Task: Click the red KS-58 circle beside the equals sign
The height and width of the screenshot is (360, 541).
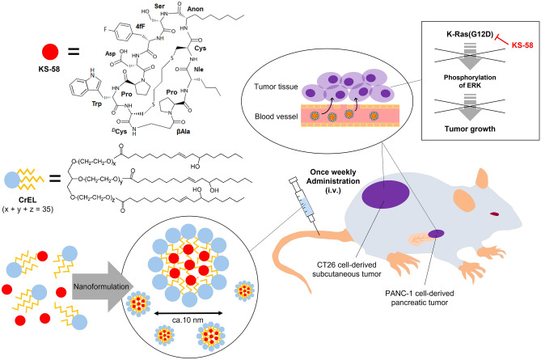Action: tap(50, 52)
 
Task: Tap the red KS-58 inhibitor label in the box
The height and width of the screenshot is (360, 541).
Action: tap(522, 45)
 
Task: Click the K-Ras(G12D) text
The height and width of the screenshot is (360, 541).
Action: tap(470, 35)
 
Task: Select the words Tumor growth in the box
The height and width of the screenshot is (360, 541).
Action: tap(470, 129)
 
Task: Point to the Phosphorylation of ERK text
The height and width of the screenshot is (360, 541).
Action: tap(470, 81)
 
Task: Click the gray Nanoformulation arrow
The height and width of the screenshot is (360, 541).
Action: tap(101, 286)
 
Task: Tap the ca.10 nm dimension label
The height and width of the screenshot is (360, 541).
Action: tap(188, 320)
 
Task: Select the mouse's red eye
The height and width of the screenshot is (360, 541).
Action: tap(494, 214)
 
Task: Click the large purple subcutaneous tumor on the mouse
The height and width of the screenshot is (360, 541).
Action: tap(386, 194)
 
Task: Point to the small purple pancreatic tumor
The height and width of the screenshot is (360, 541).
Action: tap(436, 234)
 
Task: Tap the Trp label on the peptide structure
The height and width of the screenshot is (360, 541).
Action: tap(96, 104)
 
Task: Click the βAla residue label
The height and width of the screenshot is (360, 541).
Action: tap(183, 132)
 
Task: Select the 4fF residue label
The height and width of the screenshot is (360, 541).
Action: tap(140, 27)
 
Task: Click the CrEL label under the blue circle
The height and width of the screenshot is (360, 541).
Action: tap(27, 200)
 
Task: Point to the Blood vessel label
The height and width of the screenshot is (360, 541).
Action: tap(276, 116)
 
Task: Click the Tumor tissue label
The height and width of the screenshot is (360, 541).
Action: tap(276, 87)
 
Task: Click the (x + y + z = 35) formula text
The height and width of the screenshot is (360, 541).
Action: tap(27, 210)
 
